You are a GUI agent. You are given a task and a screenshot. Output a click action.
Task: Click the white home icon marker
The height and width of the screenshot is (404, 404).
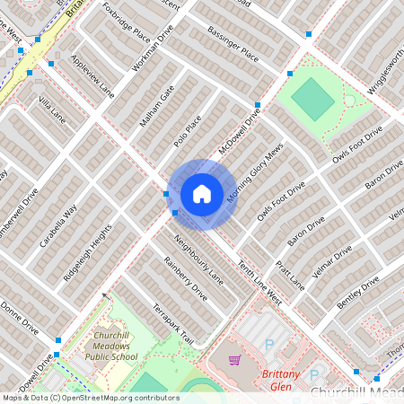pos(202,194)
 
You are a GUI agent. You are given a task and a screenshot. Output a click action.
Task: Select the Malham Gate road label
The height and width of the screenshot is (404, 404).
pos(155,106)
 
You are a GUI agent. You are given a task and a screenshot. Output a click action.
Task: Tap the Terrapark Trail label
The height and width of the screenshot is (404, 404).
pos(173,323)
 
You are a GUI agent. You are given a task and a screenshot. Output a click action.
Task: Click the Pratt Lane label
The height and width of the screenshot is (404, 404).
pos(291,276)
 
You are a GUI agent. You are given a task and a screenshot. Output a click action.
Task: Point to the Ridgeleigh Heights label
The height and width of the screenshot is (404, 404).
pos(87,254)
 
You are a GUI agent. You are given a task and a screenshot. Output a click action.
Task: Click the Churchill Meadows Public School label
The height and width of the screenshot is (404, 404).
pos(112,346)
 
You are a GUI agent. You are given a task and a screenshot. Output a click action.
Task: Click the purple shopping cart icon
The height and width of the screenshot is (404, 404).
pos(235,360)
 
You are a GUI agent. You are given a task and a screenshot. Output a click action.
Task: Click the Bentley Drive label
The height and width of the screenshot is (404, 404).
pos(358,293)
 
